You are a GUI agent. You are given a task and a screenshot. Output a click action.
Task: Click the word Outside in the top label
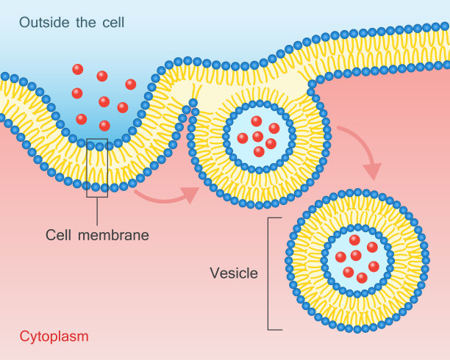pos(42,22)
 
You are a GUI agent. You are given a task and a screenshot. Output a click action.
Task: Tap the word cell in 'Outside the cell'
pos(111,22)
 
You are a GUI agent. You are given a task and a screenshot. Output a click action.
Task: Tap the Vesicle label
pos(234,273)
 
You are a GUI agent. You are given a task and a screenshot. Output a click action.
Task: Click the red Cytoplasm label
pos(54,337)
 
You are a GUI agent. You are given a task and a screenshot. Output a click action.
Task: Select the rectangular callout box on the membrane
pos(97,168)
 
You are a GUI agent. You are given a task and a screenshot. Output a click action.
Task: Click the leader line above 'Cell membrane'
pos(97,211)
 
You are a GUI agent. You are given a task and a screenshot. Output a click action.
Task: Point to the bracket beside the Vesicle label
pos(270,273)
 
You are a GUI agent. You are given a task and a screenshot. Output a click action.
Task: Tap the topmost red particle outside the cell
pos(78,69)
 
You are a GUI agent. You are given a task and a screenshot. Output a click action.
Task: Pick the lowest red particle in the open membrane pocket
pos(104,126)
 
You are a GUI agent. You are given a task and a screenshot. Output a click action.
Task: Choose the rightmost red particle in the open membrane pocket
pos(131,84)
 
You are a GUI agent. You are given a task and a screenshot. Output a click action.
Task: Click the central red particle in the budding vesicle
pos(258,137)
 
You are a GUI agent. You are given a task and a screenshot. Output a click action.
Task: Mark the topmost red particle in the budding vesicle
pos(256,121)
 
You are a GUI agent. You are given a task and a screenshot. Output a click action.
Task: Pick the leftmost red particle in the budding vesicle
pos(243,138)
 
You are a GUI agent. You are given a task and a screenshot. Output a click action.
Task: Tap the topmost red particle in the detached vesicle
pos(355,240)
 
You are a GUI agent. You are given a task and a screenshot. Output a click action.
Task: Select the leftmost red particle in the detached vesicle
pos(340,256)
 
